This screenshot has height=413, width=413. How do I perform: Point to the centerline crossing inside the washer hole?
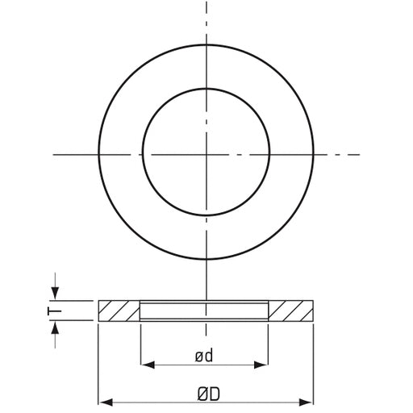pos(206,152)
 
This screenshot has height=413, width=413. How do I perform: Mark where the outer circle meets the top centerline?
pos(206,44)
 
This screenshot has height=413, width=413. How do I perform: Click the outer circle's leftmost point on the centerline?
pos(98,152)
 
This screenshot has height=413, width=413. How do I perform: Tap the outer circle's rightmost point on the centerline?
pos(314,152)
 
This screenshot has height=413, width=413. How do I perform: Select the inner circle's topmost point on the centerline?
pos(206,89)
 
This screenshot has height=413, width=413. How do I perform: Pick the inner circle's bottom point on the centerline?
pos(206,215)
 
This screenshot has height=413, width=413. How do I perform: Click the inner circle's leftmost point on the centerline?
pos(143,152)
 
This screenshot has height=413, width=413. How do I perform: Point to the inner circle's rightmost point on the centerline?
pos(269,152)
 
